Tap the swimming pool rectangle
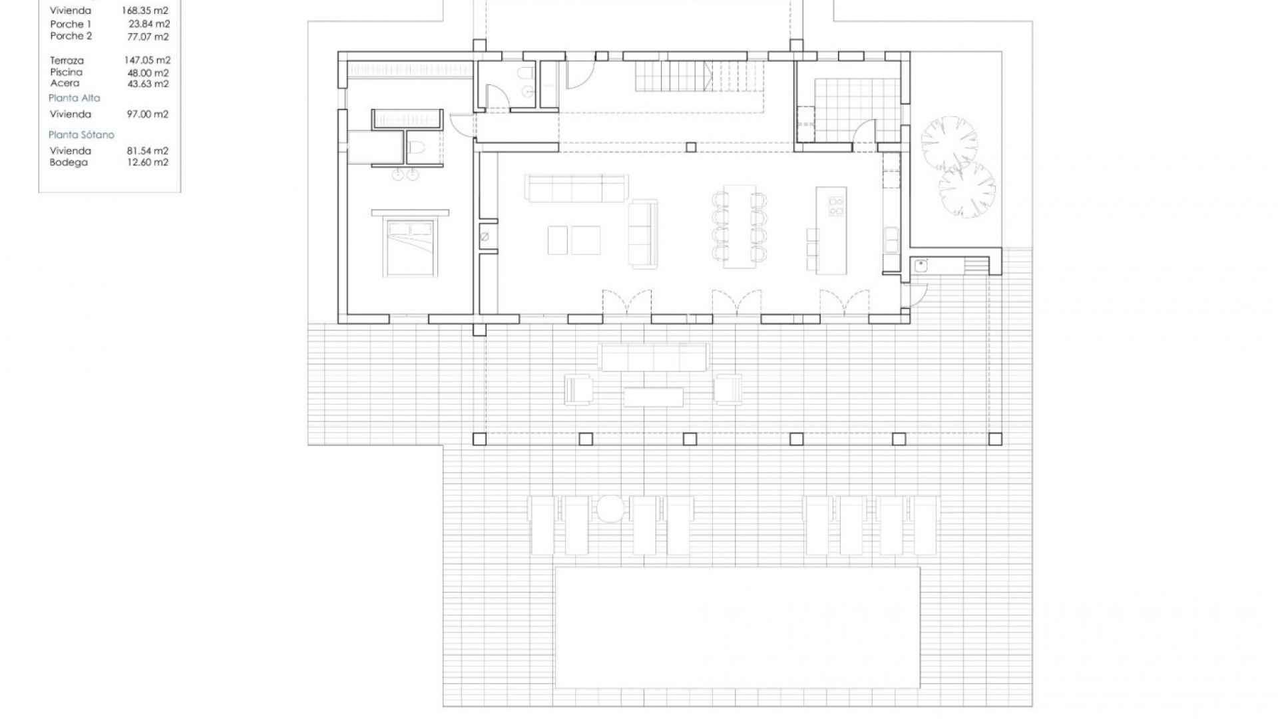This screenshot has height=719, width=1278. tap(738, 627)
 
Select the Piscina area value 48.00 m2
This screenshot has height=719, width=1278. tap(148, 73)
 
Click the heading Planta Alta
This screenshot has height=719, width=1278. tap(75, 98)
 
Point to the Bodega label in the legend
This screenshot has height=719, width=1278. tap(69, 162)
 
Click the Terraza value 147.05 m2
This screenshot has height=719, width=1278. tap(147, 61)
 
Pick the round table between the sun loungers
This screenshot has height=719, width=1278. tap(610, 509)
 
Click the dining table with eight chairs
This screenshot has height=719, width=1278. tap(740, 226)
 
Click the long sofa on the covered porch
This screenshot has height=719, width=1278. tap(653, 357)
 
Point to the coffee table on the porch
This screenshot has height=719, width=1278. tap(653, 397)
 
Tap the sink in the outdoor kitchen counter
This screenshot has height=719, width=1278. tap(921, 266)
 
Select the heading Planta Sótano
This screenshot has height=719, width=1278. tap(81, 135)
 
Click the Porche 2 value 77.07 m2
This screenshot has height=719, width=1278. tap(149, 37)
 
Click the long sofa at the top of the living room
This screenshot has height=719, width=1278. tap(576, 188)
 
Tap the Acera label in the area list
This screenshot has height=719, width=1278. tap(65, 83)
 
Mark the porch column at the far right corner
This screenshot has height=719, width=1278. tap(995, 439)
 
